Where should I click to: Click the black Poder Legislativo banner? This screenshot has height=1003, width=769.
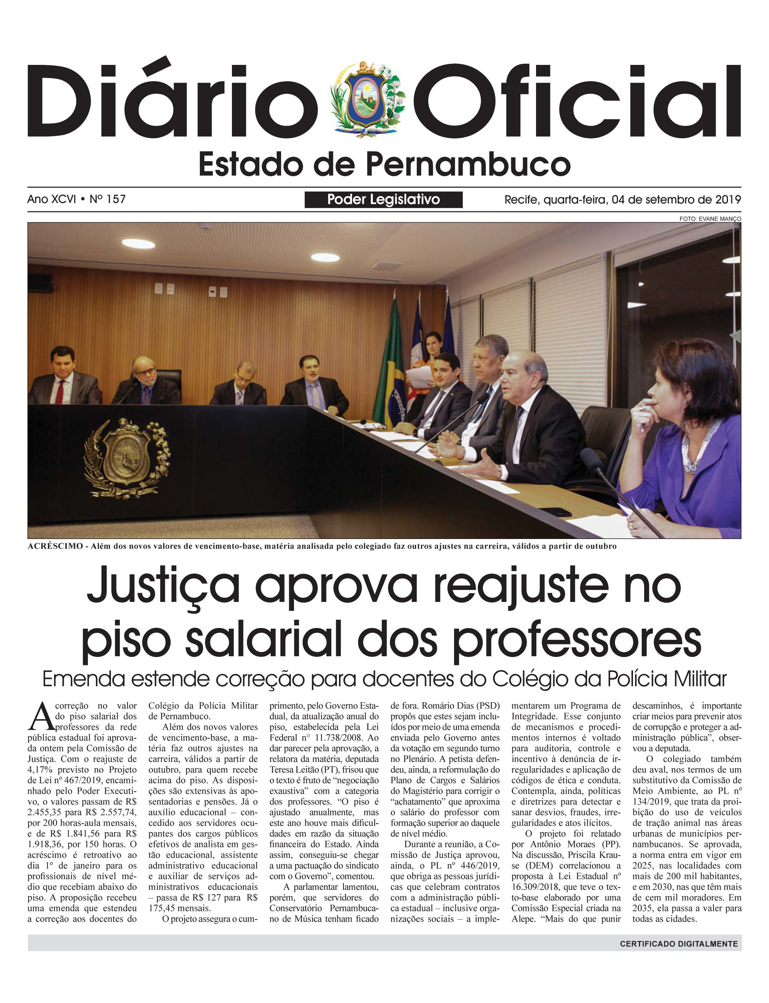coord(384,200)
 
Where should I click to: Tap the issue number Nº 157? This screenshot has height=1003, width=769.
coord(107,199)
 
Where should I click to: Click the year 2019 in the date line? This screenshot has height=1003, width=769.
coord(728,200)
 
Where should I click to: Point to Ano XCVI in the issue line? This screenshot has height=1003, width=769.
coord(51,199)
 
